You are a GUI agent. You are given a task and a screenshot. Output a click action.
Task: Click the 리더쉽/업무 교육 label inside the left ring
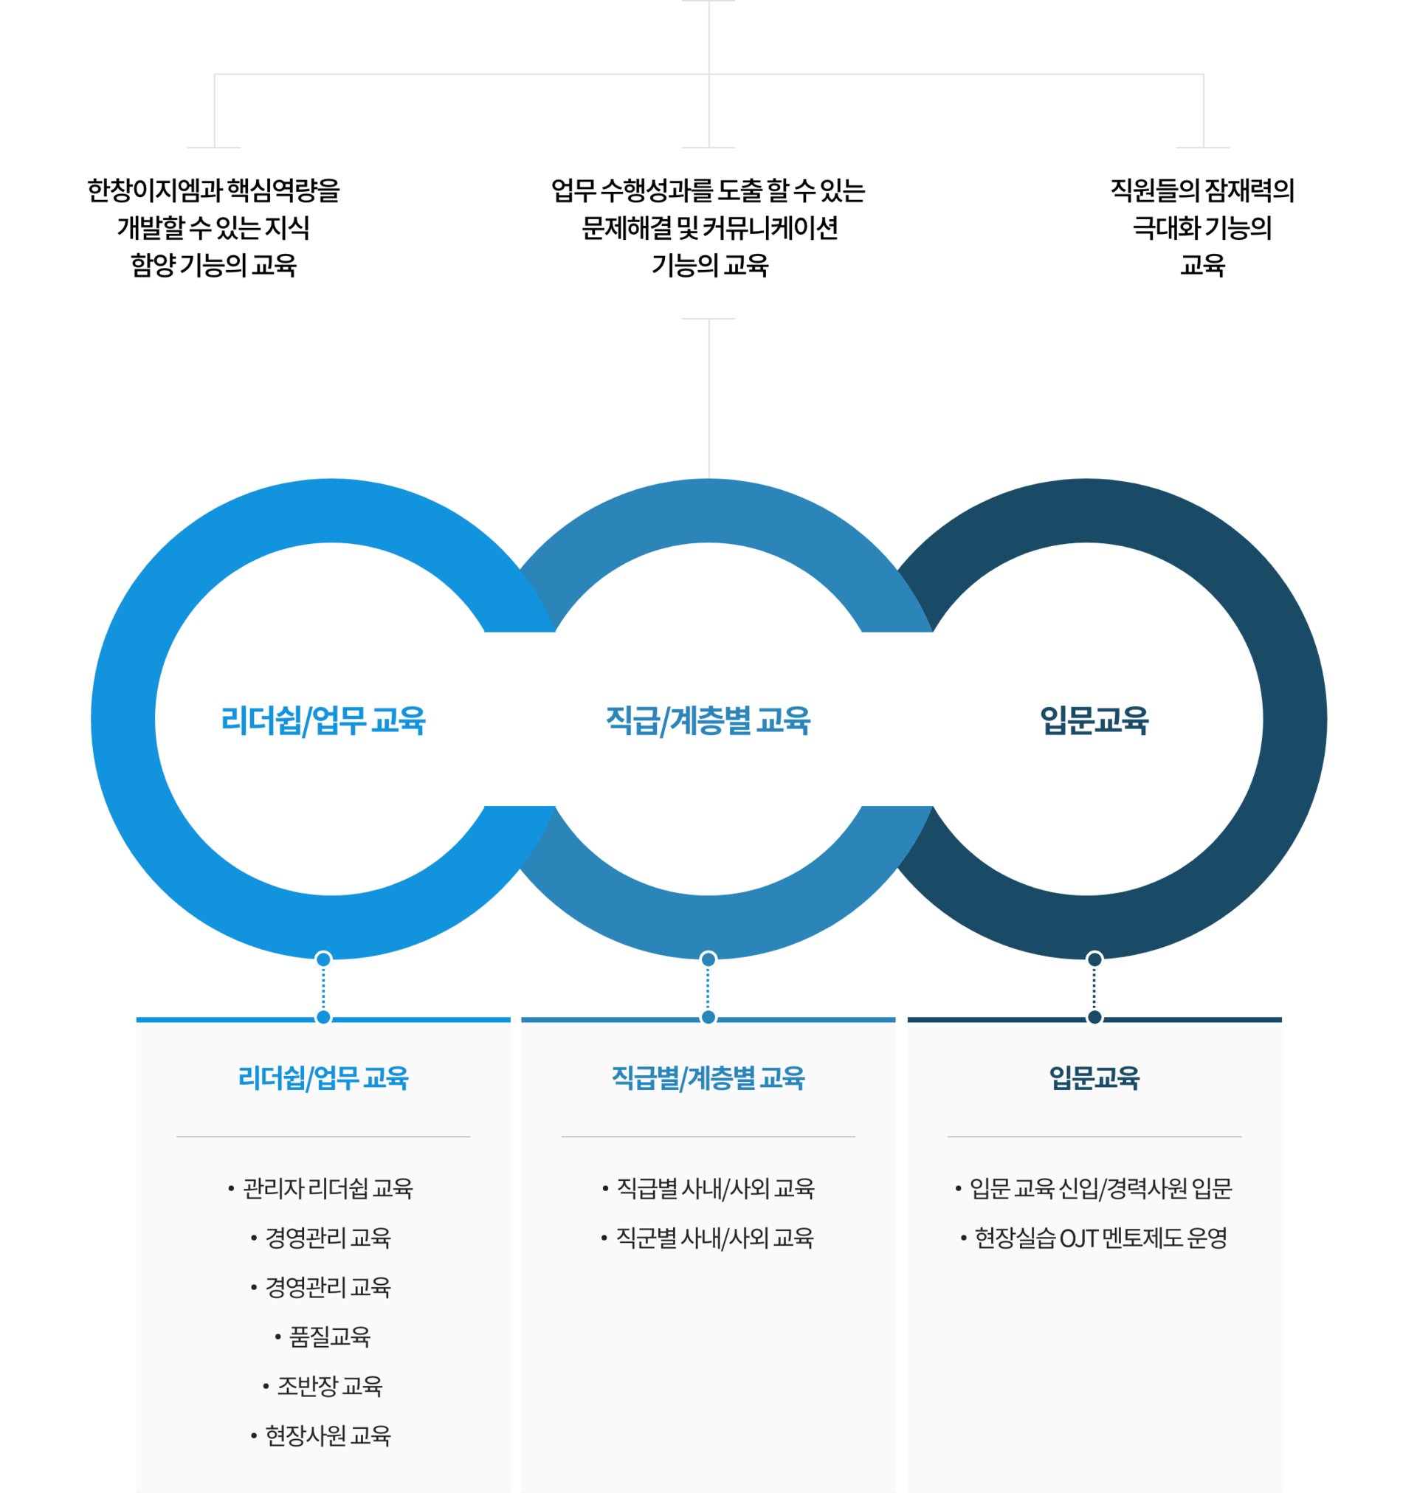coord(323,720)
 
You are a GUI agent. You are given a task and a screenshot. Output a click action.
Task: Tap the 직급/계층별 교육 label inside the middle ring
coord(708,720)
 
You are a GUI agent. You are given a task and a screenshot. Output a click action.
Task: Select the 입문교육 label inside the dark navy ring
coord(1094,720)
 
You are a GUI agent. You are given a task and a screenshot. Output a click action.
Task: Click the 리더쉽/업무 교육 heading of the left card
coord(323,1077)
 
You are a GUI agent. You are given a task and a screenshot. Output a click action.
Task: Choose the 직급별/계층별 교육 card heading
coord(708,1077)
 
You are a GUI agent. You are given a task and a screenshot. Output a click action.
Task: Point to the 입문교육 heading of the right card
coord(1094,1077)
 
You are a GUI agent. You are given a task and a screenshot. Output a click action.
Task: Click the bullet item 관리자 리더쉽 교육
coord(328,1189)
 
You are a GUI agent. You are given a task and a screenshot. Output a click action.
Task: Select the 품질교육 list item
coord(330,1337)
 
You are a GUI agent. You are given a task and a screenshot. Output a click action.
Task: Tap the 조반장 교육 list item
coord(330,1386)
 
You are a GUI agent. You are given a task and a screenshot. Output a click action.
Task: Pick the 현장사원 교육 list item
coord(328,1435)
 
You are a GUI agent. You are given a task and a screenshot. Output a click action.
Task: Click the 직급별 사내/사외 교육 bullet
coord(715,1189)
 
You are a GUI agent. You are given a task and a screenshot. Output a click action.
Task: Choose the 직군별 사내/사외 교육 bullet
coord(714,1238)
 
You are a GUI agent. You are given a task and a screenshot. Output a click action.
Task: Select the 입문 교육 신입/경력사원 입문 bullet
coord(1100,1189)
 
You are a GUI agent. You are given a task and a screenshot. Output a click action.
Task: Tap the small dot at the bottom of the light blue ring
coord(323,960)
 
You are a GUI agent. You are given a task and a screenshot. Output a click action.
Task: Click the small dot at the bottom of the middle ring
coord(708,960)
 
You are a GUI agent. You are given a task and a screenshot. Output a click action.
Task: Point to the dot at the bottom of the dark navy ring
coord(1094,960)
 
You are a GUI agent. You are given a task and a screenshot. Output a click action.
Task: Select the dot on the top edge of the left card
coord(323,1016)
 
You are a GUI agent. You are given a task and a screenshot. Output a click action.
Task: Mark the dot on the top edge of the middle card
coord(708,1016)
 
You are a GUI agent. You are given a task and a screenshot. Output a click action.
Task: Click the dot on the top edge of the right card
coord(1094,1016)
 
